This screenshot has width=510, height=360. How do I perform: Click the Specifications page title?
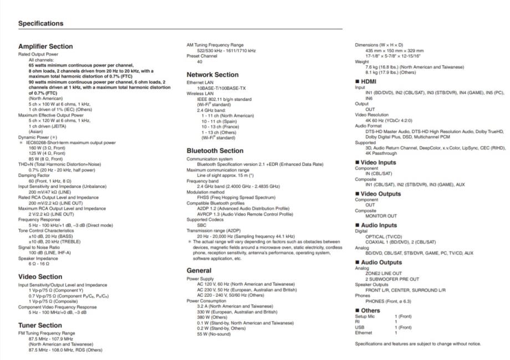click(40, 23)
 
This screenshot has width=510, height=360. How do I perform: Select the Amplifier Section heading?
click(45, 47)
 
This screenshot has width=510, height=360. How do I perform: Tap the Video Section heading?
click(40, 276)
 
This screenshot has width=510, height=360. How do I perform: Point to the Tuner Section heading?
click(40, 325)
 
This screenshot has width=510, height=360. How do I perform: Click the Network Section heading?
click(212, 74)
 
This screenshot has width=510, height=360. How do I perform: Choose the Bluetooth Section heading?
click(215, 150)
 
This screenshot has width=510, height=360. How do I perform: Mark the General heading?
click(199, 270)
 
